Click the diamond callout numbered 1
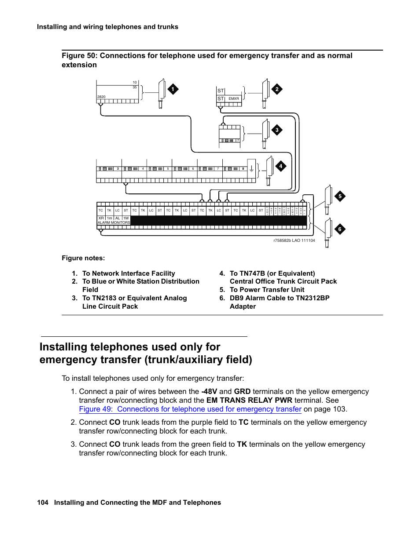click(x=173, y=89)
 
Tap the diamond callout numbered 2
click(x=277, y=89)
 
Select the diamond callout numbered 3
click(x=277, y=130)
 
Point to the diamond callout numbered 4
click(x=280, y=166)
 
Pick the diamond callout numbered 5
click(x=340, y=196)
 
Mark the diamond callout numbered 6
click(x=340, y=229)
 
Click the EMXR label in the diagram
click(x=233, y=99)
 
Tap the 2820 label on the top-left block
click(x=101, y=97)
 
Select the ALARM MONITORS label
click(x=114, y=223)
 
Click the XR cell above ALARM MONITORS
click(x=101, y=218)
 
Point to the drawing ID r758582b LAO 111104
click(x=294, y=241)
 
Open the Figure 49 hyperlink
click(x=190, y=409)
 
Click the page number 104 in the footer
click(x=43, y=503)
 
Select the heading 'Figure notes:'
click(x=83, y=258)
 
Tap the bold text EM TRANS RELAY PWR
click(x=249, y=401)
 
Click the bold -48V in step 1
click(x=209, y=392)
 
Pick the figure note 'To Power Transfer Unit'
click(x=267, y=290)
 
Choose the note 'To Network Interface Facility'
click(x=129, y=273)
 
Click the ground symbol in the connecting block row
click(x=251, y=168)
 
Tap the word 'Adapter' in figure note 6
click(x=243, y=306)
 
